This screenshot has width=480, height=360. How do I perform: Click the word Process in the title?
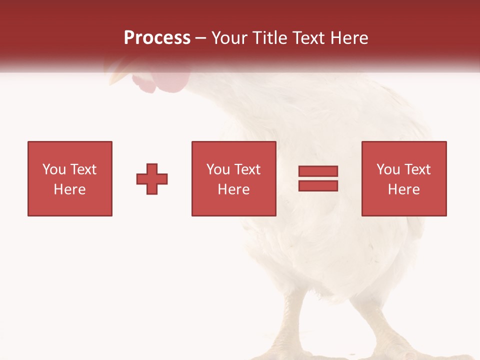coord(157,38)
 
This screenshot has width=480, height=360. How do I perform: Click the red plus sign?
coord(152,179)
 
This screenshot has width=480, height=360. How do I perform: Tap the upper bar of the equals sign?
coord(318,171)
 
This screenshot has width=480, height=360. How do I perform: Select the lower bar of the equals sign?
coord(318,186)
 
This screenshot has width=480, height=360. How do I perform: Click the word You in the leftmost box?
coord(54,169)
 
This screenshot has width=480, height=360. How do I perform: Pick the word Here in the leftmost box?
coord(70,189)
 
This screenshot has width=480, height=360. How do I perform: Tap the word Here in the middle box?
coord(234,189)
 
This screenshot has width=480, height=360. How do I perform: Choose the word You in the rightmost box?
coord(388,169)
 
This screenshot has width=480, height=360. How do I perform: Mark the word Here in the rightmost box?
coord(404,189)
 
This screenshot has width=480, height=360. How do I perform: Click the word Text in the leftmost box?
coord(83,169)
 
